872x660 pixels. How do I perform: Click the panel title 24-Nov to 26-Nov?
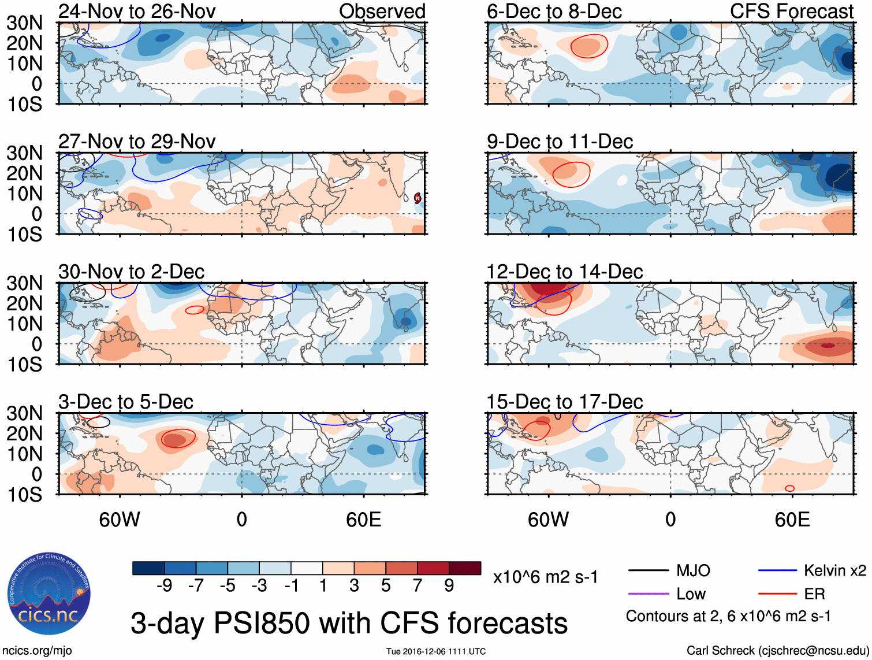click(x=137, y=11)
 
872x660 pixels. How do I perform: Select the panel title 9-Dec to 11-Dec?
click(x=560, y=142)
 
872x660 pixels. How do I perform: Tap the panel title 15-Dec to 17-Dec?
click(x=564, y=402)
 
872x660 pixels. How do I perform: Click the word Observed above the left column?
click(x=382, y=11)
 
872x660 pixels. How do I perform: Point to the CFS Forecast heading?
click(x=791, y=11)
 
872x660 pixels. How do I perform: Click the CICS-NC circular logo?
click(x=49, y=594)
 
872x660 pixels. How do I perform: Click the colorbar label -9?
click(x=164, y=586)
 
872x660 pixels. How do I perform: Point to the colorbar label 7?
click(x=417, y=586)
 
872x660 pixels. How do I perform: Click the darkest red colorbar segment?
click(x=465, y=568)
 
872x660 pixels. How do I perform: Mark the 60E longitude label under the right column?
click(x=792, y=520)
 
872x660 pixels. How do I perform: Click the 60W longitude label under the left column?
click(x=120, y=520)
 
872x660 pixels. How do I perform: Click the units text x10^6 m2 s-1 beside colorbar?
click(x=546, y=577)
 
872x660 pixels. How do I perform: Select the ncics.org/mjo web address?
click(x=37, y=651)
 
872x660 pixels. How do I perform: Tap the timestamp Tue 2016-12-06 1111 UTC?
click(x=436, y=651)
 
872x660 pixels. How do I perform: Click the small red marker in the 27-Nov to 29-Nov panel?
click(x=418, y=198)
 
